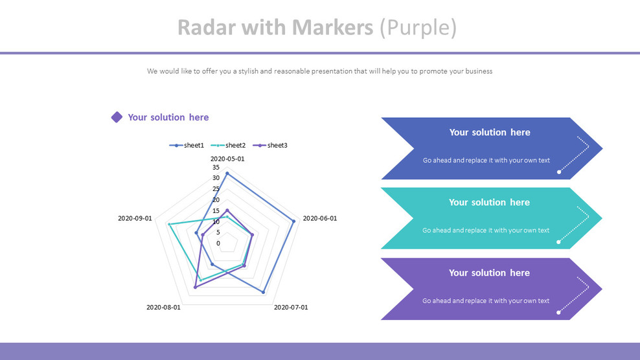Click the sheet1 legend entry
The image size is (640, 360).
[187, 145]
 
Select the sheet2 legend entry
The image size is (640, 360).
[228, 145]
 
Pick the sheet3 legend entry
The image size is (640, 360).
[269, 145]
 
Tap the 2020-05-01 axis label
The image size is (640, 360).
[227, 159]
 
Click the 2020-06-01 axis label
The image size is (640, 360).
[320, 218]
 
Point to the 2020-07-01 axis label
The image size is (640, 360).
[291, 308]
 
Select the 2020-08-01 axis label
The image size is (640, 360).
[163, 308]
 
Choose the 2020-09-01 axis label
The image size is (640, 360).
[135, 218]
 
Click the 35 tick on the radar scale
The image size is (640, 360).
[216, 167]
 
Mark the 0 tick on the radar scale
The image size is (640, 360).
[218, 243]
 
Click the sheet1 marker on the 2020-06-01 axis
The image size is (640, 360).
[293, 221]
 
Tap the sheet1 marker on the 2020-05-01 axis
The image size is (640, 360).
[227, 174]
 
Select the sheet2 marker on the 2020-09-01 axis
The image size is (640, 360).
[169, 224]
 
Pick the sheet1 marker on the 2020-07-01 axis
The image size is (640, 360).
[263, 292]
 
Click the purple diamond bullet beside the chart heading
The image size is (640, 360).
[117, 117]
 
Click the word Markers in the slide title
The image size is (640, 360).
[333, 27]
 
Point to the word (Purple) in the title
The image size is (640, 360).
[418, 28]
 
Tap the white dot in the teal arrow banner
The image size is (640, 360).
[558, 242]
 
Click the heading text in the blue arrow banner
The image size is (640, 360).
[490, 132]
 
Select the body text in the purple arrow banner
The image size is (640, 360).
[486, 301]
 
